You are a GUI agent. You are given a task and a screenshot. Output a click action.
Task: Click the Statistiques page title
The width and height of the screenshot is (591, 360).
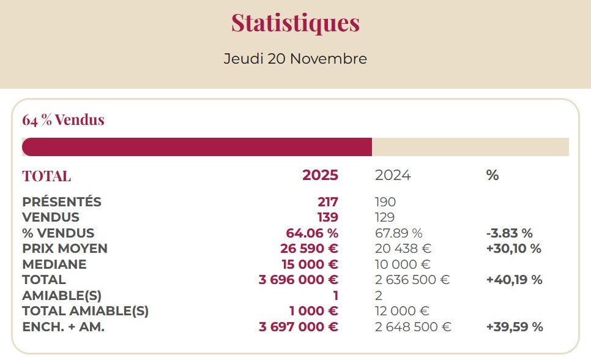point(295,23)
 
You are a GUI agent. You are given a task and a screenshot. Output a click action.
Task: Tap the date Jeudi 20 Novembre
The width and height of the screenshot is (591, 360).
point(295,59)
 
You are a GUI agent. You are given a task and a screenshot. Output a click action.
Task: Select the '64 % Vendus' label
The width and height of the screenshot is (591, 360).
point(64,120)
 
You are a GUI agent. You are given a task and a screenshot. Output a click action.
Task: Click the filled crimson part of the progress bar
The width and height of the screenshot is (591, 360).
point(196,147)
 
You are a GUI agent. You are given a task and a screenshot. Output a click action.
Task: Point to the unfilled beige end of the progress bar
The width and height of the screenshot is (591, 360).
point(470,147)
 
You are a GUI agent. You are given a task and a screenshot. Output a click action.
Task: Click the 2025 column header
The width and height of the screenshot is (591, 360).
point(320,175)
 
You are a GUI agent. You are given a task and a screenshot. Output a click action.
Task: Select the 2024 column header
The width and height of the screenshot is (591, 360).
point(393,175)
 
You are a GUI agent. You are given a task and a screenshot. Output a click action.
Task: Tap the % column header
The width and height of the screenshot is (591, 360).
point(492,175)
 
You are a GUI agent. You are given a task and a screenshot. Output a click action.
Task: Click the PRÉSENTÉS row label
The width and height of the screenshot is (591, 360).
point(62,202)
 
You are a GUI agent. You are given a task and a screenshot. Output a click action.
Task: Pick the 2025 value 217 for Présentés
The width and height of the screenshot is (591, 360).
point(327,202)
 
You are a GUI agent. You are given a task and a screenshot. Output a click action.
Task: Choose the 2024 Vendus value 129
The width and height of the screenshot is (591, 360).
point(385,217)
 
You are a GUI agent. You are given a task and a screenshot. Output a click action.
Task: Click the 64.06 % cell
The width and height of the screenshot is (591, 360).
point(312,233)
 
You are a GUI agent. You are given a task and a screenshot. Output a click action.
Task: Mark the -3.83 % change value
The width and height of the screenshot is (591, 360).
point(509,233)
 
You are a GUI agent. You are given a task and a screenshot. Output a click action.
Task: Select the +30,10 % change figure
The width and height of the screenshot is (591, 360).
point(513,249)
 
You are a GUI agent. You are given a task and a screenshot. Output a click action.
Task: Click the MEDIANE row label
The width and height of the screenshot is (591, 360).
point(54,264)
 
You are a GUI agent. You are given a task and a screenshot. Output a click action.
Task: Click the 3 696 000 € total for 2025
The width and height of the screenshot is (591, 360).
point(299,280)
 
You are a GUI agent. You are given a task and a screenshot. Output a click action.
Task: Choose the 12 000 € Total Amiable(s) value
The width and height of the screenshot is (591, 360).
point(402,311)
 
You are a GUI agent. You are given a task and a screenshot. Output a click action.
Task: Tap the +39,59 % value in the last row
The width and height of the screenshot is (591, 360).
point(515,327)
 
